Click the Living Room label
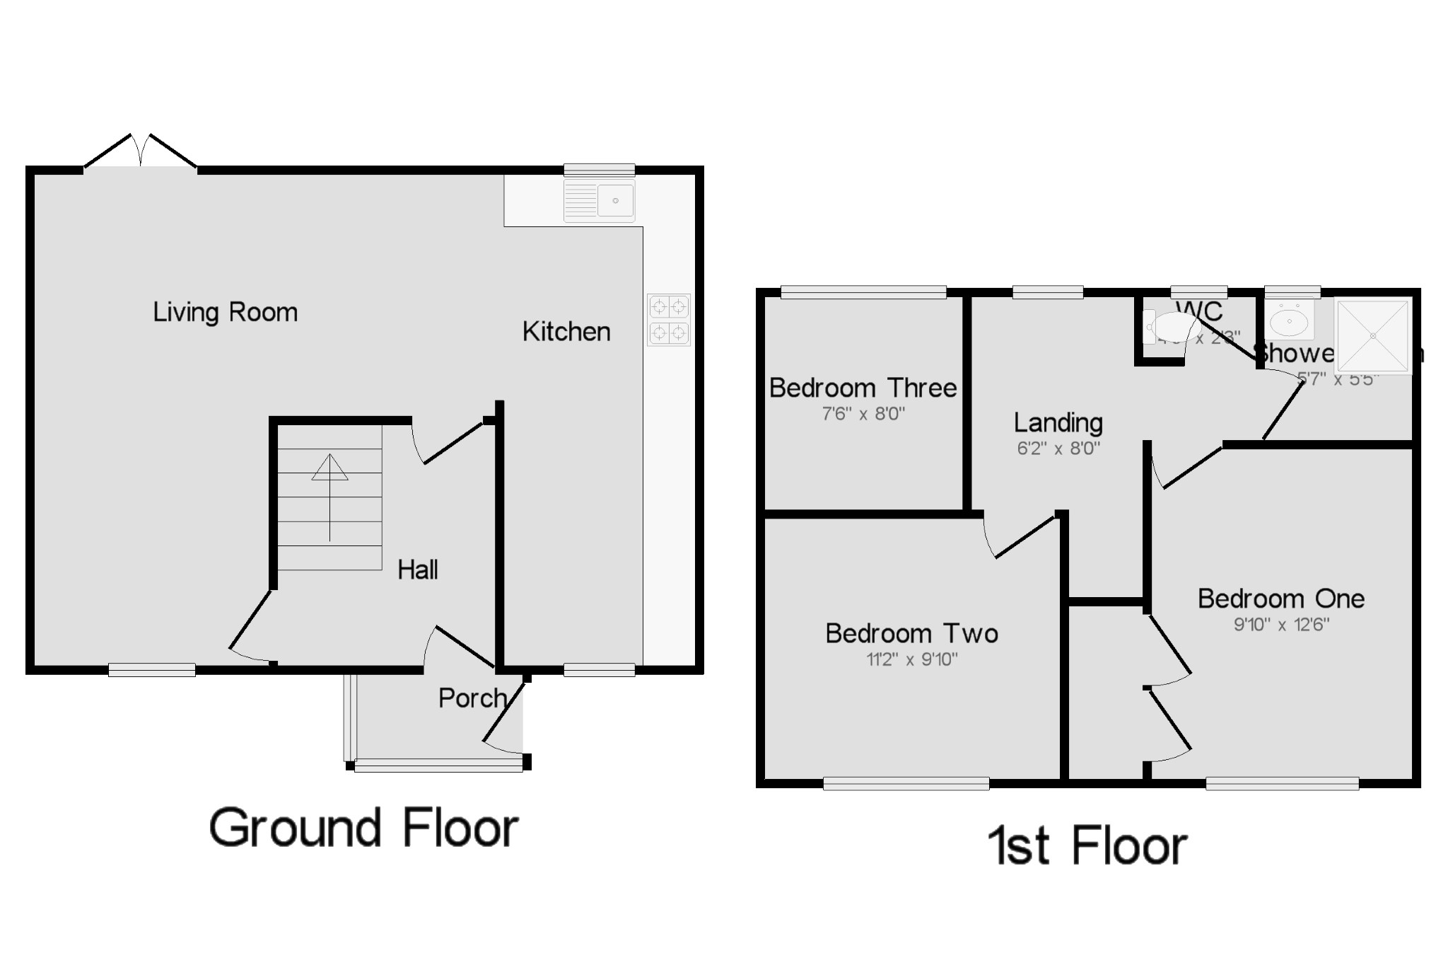(x=225, y=312)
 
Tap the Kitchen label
(x=566, y=331)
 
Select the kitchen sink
(x=600, y=201)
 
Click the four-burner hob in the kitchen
(x=668, y=320)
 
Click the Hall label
(x=417, y=570)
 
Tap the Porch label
(x=472, y=698)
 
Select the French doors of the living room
(x=141, y=151)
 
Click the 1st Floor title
(x=1087, y=845)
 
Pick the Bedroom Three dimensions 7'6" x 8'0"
(x=863, y=414)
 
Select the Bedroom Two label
(x=911, y=633)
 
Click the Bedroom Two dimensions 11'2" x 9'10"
(x=911, y=659)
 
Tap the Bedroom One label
(x=1280, y=599)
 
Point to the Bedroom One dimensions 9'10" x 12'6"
(x=1280, y=625)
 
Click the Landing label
(x=1058, y=422)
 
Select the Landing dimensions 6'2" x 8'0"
(x=1058, y=448)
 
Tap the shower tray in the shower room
(x=1372, y=336)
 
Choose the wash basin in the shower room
(x=1290, y=321)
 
